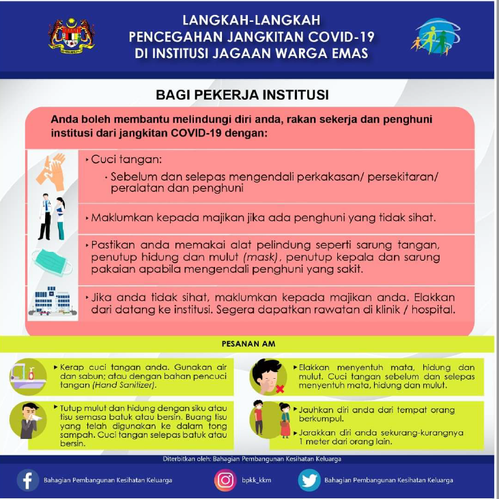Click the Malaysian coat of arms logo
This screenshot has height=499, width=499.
pos(71,35)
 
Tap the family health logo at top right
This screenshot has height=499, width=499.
pos(436,37)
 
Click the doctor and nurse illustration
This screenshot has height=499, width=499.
pos(51,218)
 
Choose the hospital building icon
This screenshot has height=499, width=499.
pos(51,302)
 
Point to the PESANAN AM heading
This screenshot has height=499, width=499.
pos(248,343)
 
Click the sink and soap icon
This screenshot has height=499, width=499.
pos(29,374)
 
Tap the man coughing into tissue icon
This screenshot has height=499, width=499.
pos(29,420)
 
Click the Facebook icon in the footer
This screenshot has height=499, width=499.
pos(28,480)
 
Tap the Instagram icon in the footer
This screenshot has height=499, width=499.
pos(225,480)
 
